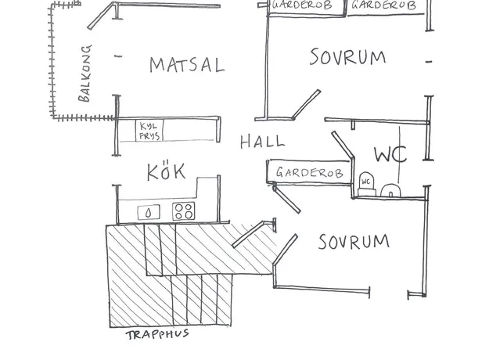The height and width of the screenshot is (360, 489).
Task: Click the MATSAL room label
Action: (x=187, y=65)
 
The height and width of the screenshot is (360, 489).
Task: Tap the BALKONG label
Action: (x=84, y=74)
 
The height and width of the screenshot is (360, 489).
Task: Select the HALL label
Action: (x=262, y=142)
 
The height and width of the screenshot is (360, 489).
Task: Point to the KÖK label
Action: (x=166, y=171)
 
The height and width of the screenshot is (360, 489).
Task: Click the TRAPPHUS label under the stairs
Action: (x=157, y=334)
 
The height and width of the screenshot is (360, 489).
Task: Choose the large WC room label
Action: (x=390, y=154)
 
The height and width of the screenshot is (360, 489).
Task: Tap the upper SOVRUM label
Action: (x=347, y=57)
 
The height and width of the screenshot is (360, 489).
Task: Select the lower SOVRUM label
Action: (x=354, y=242)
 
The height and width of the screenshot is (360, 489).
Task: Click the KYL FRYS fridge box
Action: (x=149, y=131)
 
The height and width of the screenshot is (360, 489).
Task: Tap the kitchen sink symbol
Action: (x=149, y=212)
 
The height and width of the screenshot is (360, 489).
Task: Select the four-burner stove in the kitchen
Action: (x=184, y=211)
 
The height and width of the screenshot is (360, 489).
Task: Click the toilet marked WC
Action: (x=366, y=184)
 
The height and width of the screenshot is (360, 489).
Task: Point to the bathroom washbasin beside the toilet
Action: (x=390, y=190)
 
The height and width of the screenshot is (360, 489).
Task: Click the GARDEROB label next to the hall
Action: (x=309, y=172)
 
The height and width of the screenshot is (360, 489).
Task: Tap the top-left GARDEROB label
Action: (x=302, y=5)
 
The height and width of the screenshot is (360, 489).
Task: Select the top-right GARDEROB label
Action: (x=384, y=5)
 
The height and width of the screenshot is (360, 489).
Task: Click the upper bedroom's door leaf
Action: (x=306, y=104)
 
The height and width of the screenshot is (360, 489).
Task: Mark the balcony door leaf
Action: (x=101, y=16)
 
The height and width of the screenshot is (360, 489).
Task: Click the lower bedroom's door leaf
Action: (x=286, y=250)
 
